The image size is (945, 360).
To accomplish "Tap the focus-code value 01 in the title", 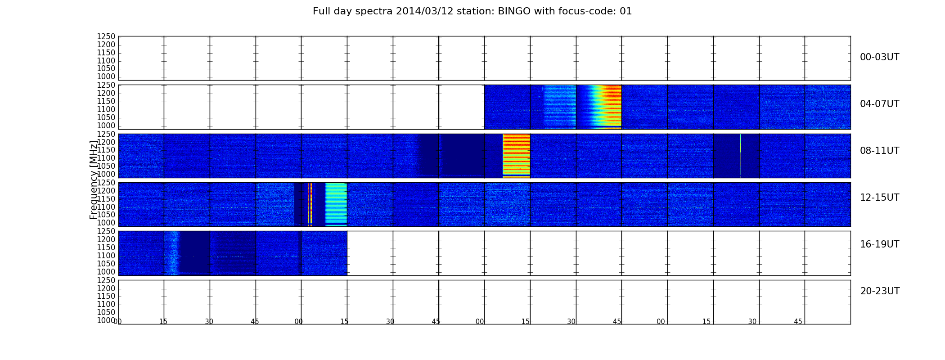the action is [x=626, y=11].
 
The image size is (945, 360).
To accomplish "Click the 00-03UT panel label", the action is [x=879, y=57].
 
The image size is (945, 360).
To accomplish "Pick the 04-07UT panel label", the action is [x=879, y=104].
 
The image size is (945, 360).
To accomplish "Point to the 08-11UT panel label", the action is [x=879, y=151].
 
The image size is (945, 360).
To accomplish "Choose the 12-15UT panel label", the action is [x=879, y=198].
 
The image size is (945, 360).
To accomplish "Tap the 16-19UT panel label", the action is [x=879, y=244].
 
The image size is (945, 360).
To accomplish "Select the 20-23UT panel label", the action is [x=880, y=291].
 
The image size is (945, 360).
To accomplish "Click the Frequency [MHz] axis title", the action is [x=94, y=180].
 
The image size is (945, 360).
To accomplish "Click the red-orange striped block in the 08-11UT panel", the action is [x=516, y=156].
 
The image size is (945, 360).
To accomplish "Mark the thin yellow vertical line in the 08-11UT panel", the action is [x=740, y=156].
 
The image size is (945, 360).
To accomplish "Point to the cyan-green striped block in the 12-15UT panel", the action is [x=336, y=204].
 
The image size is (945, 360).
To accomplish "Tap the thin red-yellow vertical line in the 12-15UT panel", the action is [x=310, y=204].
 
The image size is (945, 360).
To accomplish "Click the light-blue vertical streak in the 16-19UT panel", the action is [x=172, y=253].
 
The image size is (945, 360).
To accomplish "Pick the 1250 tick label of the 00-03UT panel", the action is [x=106, y=36].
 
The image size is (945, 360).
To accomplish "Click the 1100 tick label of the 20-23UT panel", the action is [x=106, y=304].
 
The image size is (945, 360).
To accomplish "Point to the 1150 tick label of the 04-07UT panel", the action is [x=106, y=101].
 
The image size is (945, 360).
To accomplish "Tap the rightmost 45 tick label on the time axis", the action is [x=798, y=322].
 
